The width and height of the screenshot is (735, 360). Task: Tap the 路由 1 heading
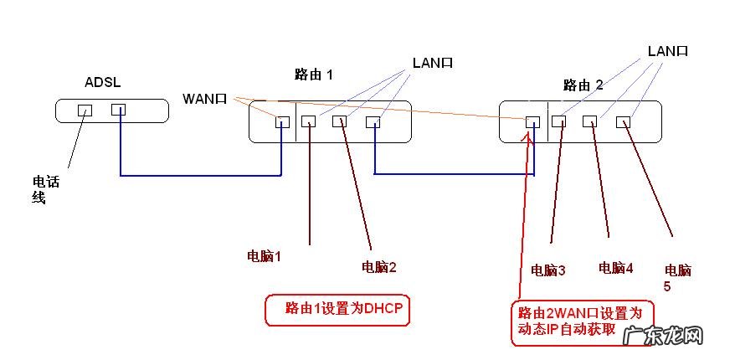pyautogui.click(x=314, y=75)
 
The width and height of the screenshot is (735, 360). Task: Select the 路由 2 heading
pyautogui.click(x=583, y=85)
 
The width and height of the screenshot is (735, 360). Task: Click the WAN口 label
pyautogui.click(x=205, y=99)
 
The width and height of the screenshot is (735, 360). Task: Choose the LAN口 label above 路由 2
pyautogui.click(x=667, y=52)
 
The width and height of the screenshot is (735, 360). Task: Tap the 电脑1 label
pyautogui.click(x=264, y=256)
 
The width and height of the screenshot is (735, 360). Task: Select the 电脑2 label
pyautogui.click(x=378, y=267)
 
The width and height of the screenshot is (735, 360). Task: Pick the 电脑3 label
pyautogui.click(x=548, y=270)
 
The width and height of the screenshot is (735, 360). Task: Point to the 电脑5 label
pyautogui.click(x=677, y=278)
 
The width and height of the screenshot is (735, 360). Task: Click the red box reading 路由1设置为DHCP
pyautogui.click(x=343, y=309)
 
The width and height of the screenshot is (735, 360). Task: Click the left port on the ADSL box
pyautogui.click(x=84, y=110)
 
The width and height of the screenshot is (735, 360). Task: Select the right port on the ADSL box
pyautogui.click(x=118, y=110)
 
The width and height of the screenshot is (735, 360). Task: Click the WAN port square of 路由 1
pyautogui.click(x=282, y=122)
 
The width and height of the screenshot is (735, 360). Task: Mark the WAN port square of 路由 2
pyautogui.click(x=532, y=122)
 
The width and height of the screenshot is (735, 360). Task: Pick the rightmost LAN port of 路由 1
pyautogui.click(x=373, y=122)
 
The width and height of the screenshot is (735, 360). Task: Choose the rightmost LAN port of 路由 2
pyautogui.click(x=623, y=122)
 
